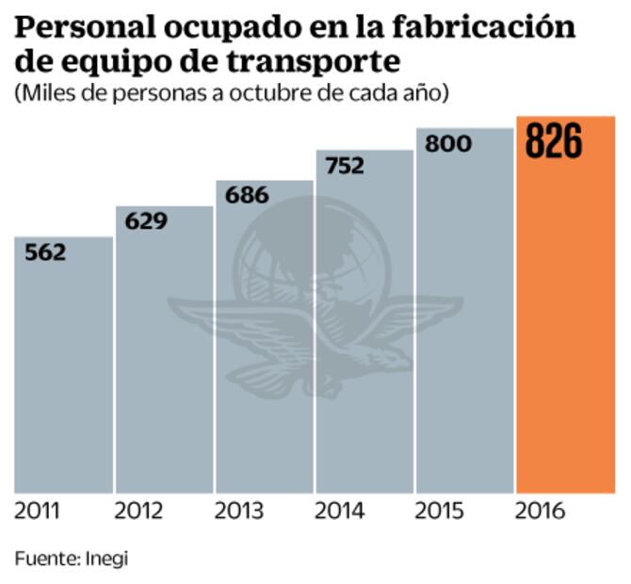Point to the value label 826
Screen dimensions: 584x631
554,141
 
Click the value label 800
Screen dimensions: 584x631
448,144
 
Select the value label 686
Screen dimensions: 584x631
247,196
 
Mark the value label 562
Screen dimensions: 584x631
44,252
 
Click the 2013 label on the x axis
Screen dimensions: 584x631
238,511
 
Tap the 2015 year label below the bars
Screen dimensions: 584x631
439,511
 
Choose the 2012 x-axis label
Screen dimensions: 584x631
138,511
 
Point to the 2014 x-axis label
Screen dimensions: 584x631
339,511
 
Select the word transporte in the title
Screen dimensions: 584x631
306,61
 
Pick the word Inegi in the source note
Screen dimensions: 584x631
106,558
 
